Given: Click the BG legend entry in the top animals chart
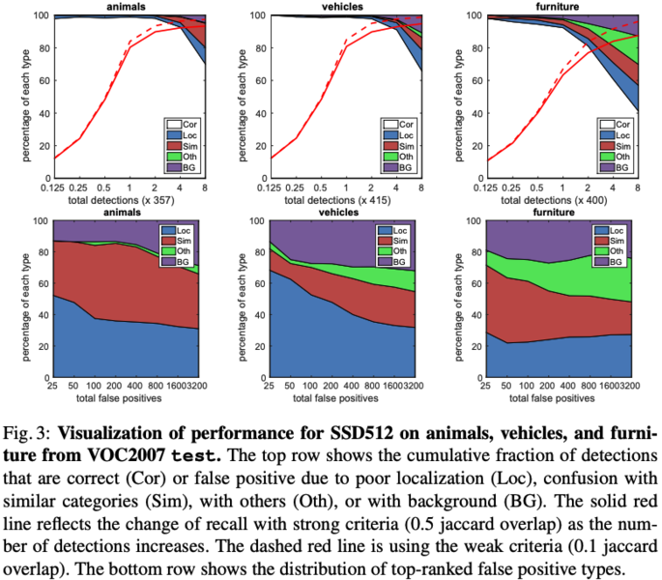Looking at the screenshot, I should (x=183, y=166).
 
